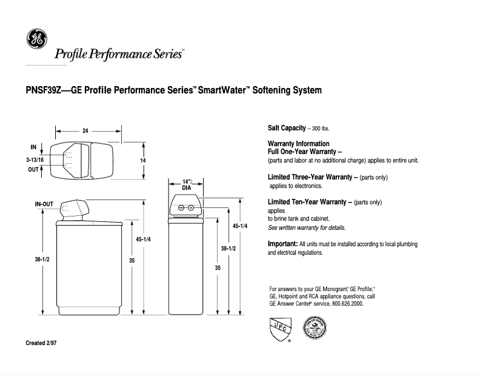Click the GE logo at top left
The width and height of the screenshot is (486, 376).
click(x=35, y=39)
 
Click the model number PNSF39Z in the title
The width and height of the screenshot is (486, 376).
click(x=46, y=91)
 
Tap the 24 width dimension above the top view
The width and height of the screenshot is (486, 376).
click(x=86, y=130)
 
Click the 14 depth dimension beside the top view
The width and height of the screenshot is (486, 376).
click(x=144, y=160)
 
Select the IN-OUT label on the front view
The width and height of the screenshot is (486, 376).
click(x=45, y=204)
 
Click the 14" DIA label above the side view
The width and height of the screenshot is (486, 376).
click(x=187, y=184)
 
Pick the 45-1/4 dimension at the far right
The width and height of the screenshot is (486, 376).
click(x=241, y=226)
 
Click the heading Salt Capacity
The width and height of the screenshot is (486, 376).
click(x=287, y=129)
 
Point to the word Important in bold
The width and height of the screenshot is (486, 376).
click(x=282, y=244)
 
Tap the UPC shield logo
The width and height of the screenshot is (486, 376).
click(x=278, y=330)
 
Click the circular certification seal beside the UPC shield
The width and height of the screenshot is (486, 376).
click(x=315, y=331)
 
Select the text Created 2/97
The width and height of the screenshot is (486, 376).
click(x=41, y=343)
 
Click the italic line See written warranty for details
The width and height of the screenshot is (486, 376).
click(x=306, y=228)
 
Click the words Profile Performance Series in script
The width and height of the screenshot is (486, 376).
click(x=119, y=55)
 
